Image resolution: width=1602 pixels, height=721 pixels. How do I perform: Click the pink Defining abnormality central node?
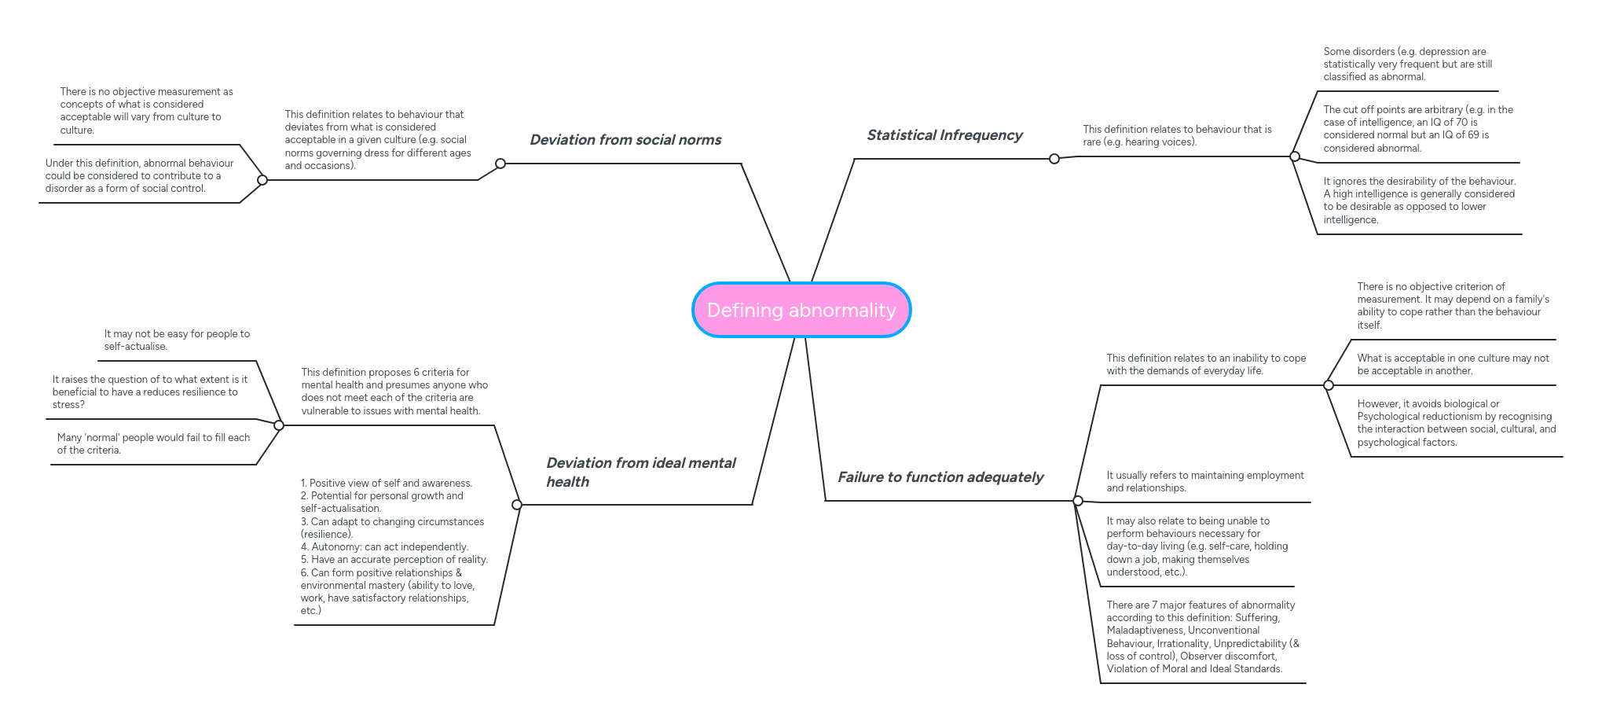pyautogui.click(x=801, y=310)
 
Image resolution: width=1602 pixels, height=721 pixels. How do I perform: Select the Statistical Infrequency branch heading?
pyautogui.click(x=944, y=135)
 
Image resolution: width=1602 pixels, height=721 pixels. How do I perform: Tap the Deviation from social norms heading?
pyautogui.click(x=625, y=140)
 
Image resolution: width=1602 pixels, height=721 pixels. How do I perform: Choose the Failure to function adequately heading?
pyautogui.click(x=940, y=477)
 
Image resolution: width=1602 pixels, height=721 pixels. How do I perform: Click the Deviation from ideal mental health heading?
pyautogui.click(x=640, y=472)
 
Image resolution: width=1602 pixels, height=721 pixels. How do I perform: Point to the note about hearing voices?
pyautogui.click(x=1176, y=135)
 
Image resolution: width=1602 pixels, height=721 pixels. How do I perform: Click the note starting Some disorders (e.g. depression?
pyautogui.click(x=1407, y=64)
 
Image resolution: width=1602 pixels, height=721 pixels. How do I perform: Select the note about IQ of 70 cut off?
pyautogui.click(x=1417, y=129)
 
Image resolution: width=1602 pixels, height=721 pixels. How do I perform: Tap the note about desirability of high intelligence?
pyautogui.click(x=1419, y=200)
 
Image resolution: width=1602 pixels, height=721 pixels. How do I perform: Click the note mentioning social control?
pyautogui.click(x=139, y=175)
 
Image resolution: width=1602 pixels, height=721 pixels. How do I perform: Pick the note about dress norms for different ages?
pyautogui.click(x=378, y=140)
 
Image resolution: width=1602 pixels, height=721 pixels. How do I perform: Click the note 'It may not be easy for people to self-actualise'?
pyautogui.click(x=177, y=340)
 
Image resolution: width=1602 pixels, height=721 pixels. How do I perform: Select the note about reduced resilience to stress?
pyautogui.click(x=149, y=392)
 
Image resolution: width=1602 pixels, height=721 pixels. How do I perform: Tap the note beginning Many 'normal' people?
pyautogui.click(x=153, y=443)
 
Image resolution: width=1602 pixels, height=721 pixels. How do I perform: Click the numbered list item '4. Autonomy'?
pyautogui.click(x=384, y=547)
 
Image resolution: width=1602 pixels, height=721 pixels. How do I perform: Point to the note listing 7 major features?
pyautogui.click(x=1202, y=637)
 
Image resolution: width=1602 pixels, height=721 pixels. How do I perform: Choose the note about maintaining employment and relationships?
pyautogui.click(x=1204, y=481)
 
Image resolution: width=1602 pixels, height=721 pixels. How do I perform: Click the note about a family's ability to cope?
pyautogui.click(x=1453, y=306)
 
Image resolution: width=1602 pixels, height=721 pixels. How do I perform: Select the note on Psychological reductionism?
pyautogui.click(x=1456, y=423)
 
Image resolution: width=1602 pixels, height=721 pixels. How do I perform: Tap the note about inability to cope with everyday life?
pyautogui.click(x=1206, y=364)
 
